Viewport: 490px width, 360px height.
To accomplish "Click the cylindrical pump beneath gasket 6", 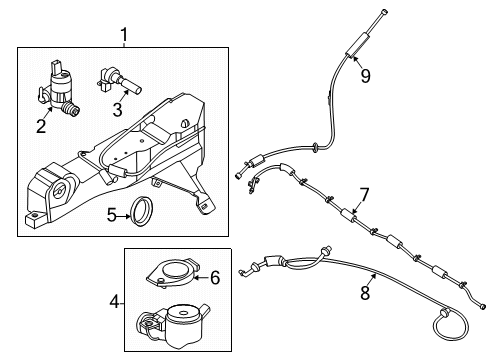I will (x=178, y=319).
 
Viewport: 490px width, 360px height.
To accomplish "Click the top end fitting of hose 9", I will (x=384, y=13).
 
